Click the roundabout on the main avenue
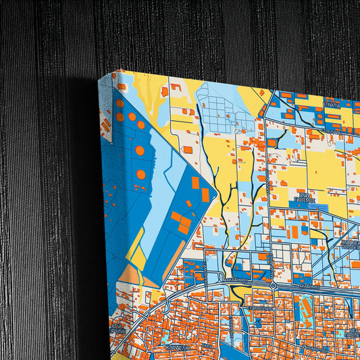tap(272, 286)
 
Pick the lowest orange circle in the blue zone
tap(140, 174)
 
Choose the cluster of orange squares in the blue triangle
tap(181, 222)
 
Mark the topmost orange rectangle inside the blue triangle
tap(195, 182)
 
